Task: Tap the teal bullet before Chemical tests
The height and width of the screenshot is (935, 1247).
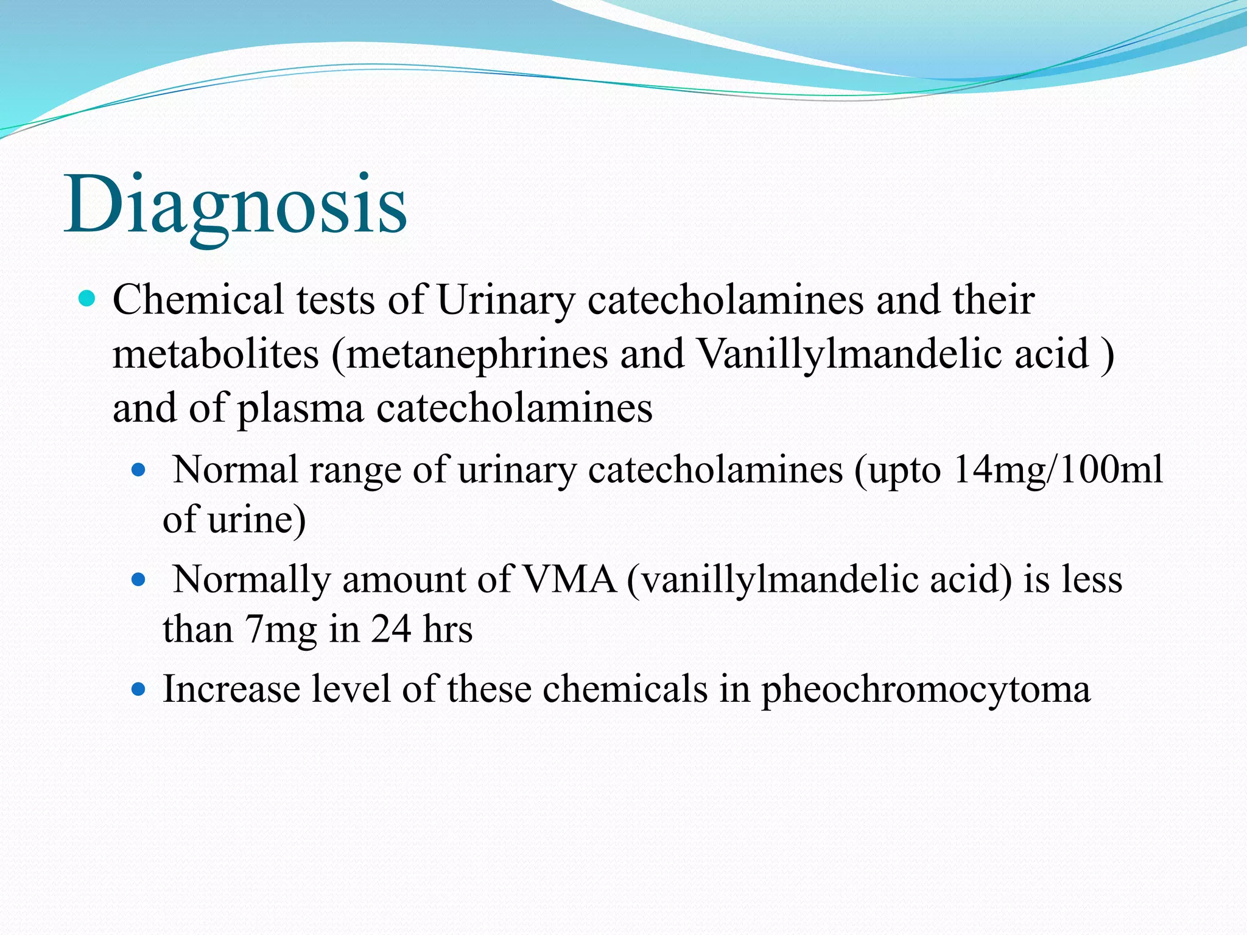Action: tap(88, 299)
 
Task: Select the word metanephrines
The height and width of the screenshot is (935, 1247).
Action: tap(477, 354)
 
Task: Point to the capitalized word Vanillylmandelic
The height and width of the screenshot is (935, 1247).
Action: tap(849, 354)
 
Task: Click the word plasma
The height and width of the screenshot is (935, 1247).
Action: tap(300, 408)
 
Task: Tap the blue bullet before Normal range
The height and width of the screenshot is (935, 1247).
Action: tap(139, 470)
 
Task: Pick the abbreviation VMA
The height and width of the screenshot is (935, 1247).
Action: tap(570, 579)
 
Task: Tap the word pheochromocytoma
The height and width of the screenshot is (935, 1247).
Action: tap(926, 690)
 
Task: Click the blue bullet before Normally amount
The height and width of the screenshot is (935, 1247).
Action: tap(139, 580)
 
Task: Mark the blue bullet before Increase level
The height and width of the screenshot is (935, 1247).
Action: tap(139, 689)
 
